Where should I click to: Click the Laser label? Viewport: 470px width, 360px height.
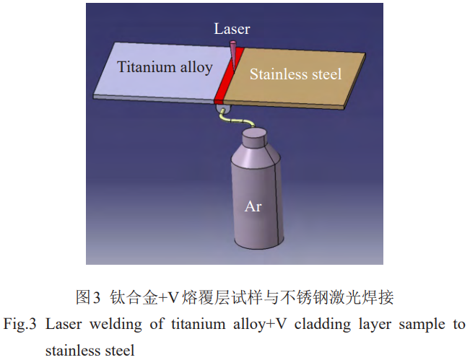[x=232, y=29]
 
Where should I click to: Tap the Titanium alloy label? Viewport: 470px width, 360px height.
[x=165, y=68]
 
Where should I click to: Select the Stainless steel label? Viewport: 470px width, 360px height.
[x=295, y=74]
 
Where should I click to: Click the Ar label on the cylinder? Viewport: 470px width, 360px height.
[x=253, y=206]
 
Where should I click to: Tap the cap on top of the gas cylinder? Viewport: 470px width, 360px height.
[x=253, y=135]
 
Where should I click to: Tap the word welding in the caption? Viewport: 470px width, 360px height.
[x=116, y=324]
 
